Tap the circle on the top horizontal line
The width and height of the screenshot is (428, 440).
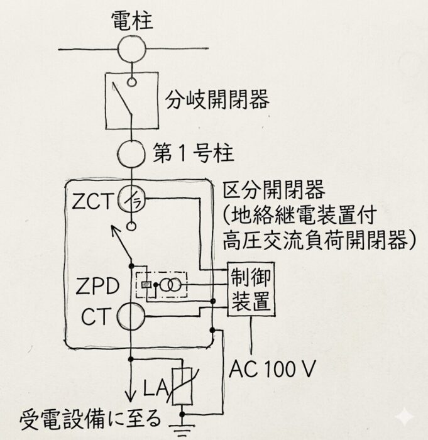click(131, 49)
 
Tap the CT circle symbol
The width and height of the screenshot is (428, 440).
click(131, 315)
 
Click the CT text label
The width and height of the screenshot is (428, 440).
click(94, 316)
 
